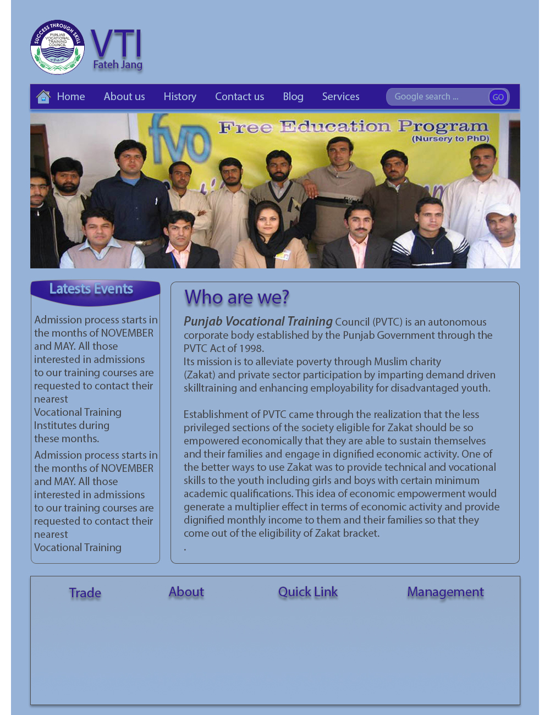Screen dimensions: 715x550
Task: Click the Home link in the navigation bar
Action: click(71, 97)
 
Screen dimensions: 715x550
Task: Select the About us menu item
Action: click(124, 97)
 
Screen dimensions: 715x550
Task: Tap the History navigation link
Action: click(180, 97)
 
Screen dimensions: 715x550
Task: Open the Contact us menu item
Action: click(239, 97)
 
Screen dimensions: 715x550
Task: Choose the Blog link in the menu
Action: click(293, 97)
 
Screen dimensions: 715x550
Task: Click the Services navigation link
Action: click(340, 97)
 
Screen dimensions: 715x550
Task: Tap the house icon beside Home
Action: click(43, 97)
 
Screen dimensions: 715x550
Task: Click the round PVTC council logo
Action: click(57, 47)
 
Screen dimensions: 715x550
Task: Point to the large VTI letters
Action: click(117, 43)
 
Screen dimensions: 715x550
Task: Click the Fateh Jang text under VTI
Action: click(118, 65)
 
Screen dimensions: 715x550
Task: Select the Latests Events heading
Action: click(91, 289)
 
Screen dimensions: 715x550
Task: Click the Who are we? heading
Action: click(237, 298)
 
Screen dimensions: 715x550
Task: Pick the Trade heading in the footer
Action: click(85, 593)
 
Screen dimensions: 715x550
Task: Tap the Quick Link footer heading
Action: click(307, 592)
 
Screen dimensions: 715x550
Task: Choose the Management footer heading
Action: click(446, 592)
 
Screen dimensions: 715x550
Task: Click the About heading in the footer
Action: click(186, 592)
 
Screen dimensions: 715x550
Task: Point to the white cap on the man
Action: click(499, 210)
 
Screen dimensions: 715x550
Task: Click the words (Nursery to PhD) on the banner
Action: click(450, 139)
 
